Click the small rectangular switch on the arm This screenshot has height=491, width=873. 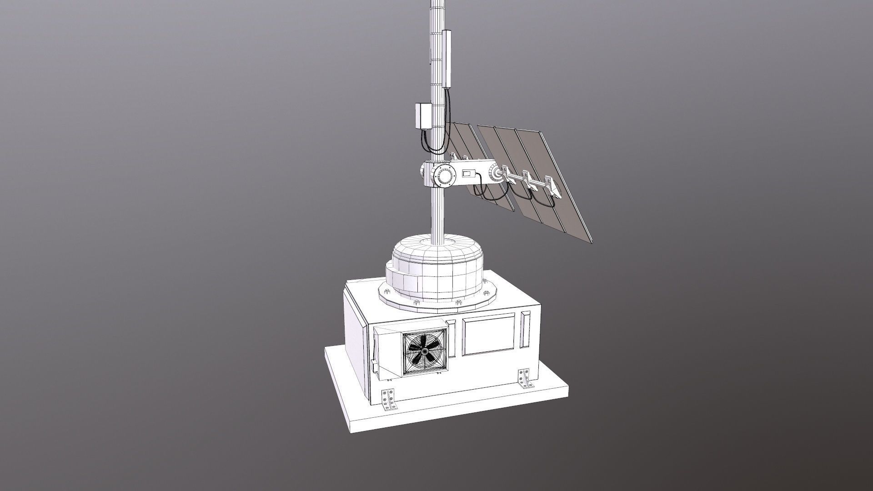point(468,173)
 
